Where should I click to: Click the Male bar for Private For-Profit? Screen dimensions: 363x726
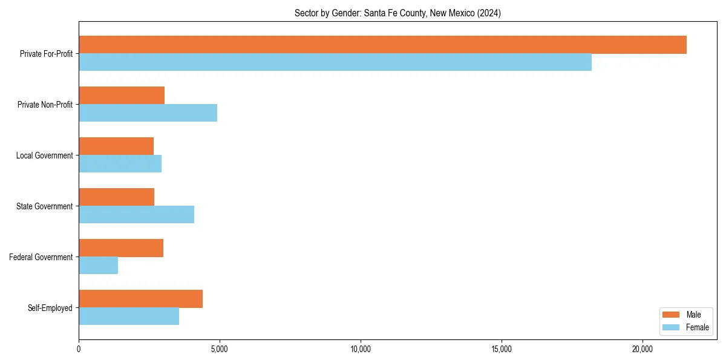382,45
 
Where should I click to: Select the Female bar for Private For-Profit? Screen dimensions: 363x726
335,62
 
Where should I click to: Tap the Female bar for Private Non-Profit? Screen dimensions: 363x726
148,113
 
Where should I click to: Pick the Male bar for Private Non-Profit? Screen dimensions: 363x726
122,96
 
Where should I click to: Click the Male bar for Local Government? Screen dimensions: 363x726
116,146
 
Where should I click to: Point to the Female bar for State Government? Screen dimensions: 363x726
136,215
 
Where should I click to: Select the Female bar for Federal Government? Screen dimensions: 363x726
98,266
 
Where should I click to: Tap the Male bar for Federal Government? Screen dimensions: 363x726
121,248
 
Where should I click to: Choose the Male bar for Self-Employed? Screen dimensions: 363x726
140,299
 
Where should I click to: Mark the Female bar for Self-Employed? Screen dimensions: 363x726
129,316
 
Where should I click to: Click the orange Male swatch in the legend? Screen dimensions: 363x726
672,315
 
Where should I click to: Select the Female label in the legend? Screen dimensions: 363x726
698,327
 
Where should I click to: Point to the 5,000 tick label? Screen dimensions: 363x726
220,349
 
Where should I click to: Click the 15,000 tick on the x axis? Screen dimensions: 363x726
502,349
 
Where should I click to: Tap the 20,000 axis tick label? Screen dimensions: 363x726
643,349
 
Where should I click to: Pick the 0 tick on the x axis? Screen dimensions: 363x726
79,349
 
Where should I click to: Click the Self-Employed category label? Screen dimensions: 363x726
50,308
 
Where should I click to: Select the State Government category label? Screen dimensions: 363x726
45,206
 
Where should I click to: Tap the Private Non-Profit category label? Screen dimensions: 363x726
45,105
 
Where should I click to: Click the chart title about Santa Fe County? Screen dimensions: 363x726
397,13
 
